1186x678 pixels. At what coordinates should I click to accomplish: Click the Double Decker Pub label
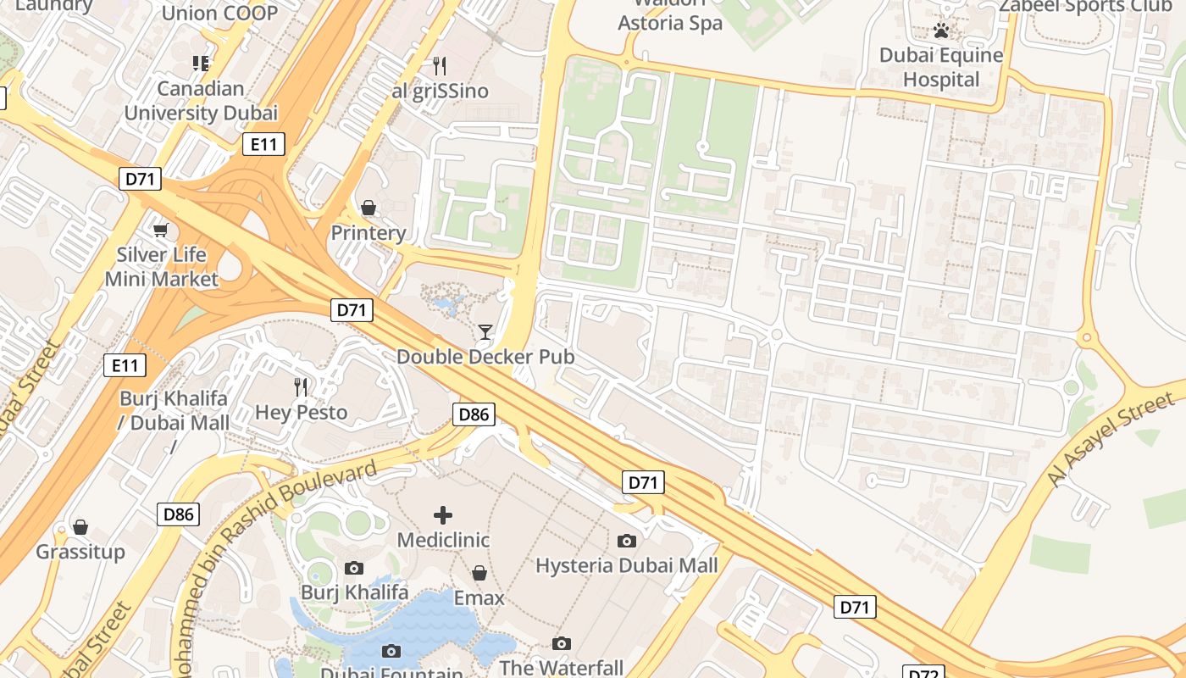485,357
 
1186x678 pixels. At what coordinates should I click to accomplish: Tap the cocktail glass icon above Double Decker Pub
485,331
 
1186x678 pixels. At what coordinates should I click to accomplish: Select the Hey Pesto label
302,413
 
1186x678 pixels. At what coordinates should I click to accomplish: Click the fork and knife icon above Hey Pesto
301,387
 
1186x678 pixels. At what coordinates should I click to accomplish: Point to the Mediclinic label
443,540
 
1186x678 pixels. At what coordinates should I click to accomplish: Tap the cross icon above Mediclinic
443,514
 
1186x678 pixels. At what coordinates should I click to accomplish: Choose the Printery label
369,233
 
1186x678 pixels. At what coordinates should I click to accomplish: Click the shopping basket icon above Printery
369,208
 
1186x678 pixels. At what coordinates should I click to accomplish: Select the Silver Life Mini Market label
161,267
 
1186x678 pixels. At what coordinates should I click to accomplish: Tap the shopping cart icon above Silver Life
160,230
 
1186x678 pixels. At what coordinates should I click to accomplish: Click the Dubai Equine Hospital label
941,68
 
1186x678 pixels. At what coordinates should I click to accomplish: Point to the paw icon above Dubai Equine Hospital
941,31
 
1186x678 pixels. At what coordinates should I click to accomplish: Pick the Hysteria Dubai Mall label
627,565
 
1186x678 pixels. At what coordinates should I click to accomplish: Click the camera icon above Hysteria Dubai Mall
627,541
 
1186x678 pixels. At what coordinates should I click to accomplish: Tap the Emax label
479,598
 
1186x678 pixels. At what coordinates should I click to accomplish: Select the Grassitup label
80,553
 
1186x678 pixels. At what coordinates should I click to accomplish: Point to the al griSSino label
440,91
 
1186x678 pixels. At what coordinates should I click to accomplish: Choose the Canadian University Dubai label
201,101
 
